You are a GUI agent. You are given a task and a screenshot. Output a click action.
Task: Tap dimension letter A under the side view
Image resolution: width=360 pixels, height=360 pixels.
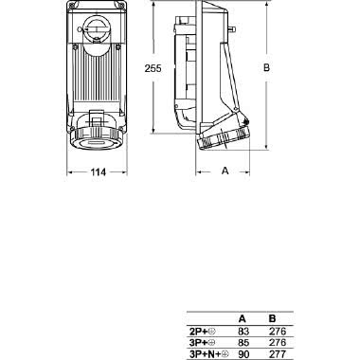(x=225, y=171)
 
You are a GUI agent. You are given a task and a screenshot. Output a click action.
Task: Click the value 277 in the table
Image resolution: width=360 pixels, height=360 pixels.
(x=276, y=353)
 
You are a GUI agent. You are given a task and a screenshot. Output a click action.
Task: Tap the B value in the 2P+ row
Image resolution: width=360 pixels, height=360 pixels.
(x=276, y=332)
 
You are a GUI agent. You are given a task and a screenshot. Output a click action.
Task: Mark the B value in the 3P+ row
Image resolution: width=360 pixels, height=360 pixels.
(x=276, y=342)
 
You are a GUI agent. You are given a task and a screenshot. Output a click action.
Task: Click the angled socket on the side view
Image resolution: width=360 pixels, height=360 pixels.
(x=222, y=138)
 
